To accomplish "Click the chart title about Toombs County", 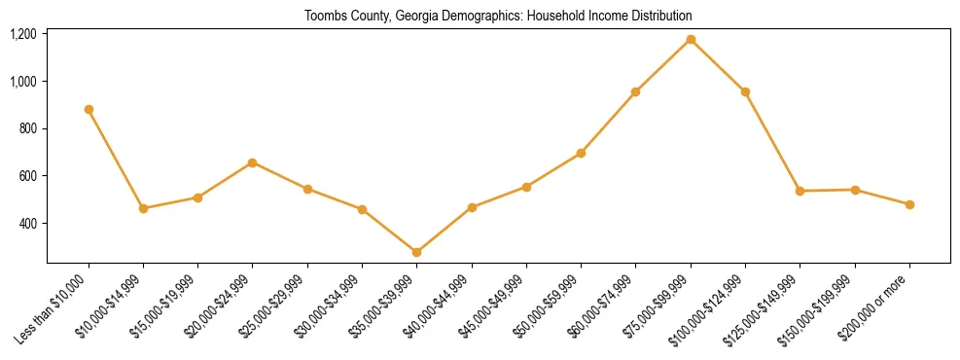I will coord(498,17).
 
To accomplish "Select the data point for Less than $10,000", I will coord(89,109).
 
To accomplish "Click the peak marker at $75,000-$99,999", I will coord(691,39).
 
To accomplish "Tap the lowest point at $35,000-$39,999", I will coord(416,252).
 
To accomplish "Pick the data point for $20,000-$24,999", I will coord(253,162).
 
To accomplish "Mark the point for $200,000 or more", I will coord(909,204).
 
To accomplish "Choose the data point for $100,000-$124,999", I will coord(745,91).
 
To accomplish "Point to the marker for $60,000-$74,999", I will coord(636,91).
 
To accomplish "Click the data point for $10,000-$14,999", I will coord(143,208).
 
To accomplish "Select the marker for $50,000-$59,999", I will coord(581,153).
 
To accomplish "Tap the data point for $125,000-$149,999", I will coord(800,191).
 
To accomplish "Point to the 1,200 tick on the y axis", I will coord(22,34).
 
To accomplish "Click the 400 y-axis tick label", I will coord(26,224).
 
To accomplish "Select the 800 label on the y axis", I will coord(26,128).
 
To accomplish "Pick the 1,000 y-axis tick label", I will coord(22,82).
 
